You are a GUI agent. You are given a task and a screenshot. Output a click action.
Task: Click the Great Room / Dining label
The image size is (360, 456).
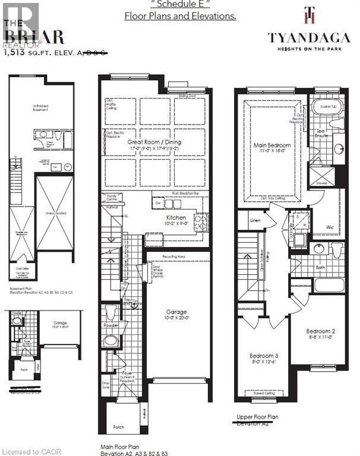coord(154,142)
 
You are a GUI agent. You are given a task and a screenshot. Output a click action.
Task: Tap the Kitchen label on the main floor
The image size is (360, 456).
coord(176,218)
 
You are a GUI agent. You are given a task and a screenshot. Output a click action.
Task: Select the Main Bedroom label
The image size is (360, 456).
coord(273,146)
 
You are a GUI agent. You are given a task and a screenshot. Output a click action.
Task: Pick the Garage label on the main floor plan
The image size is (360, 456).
coord(176,312)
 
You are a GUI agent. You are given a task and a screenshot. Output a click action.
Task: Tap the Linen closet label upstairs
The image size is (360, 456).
coord(255,220)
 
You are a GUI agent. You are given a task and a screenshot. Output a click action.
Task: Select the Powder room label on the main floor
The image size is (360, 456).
coord(110,325)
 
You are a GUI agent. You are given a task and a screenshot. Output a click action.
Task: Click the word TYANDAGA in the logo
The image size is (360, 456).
coord(305,37)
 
